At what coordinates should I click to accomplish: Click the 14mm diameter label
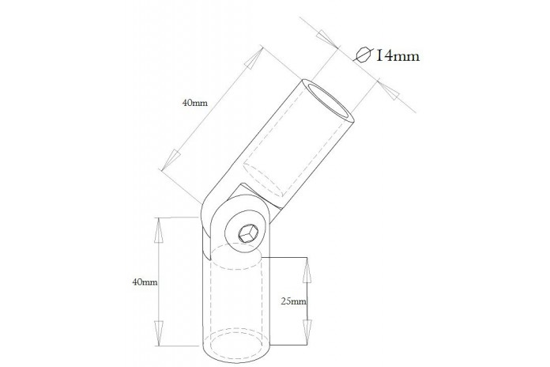pos(397,56)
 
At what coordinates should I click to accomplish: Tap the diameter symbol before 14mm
pos(363,55)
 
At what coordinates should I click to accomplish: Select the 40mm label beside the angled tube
pos(194,103)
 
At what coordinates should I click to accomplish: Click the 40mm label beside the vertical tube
pos(145,282)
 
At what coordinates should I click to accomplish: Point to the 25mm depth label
pos(294,301)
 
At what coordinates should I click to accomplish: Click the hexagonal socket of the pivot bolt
pos(248,233)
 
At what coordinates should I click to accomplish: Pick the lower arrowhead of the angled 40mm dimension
pos(170,160)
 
